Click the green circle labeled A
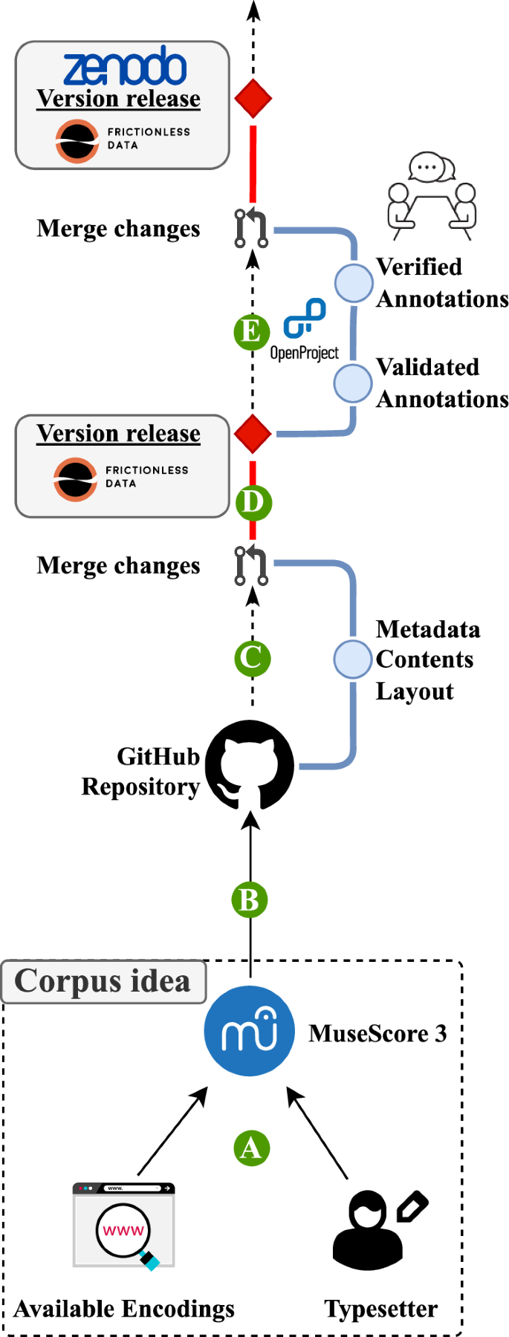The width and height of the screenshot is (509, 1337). point(251,1148)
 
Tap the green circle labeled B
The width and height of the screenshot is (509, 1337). point(250,900)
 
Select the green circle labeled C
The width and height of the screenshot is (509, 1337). point(252,658)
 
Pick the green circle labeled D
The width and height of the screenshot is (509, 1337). point(253,503)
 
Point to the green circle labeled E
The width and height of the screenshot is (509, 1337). point(251,331)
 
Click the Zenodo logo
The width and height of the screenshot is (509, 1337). point(124,67)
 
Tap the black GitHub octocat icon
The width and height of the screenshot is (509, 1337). point(250,765)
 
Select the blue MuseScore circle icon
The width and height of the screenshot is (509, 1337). point(250,1031)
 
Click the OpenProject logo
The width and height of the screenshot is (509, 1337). point(305,331)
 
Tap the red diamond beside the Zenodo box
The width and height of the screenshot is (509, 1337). point(253,99)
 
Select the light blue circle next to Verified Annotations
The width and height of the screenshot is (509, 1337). point(353,282)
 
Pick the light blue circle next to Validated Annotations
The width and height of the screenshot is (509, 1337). point(352,383)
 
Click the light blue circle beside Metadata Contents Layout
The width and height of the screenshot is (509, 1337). point(352,659)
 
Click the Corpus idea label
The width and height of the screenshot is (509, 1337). point(103,981)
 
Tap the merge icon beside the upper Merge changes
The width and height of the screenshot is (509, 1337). point(251,228)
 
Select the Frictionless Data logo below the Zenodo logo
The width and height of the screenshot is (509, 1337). point(123,140)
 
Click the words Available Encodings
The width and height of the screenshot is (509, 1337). point(124,1309)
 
